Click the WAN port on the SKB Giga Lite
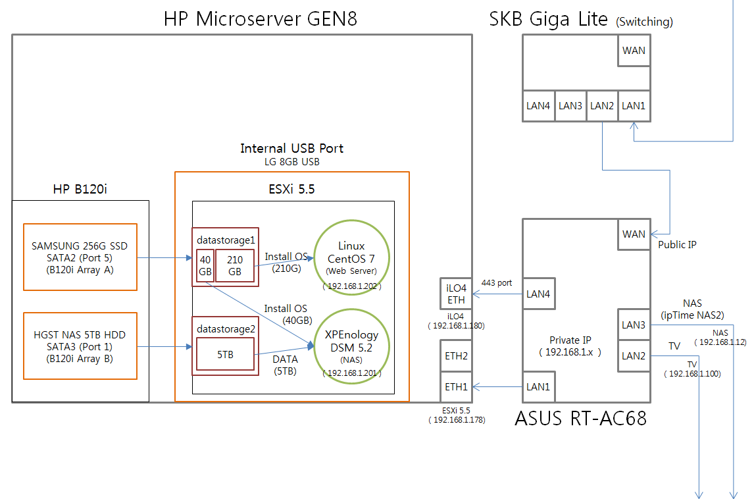[634, 51]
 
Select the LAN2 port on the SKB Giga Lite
[602, 105]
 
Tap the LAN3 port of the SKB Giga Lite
[570, 105]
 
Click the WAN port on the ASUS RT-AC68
[634, 234]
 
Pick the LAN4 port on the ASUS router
[538, 294]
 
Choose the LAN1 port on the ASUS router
[538, 387]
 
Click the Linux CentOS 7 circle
[351, 257]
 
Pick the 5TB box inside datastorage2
[226, 355]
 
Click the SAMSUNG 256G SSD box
[80, 257]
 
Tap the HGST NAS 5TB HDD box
[80, 346]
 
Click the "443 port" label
[497, 282]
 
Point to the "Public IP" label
[677, 245]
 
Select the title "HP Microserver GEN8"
[260, 18]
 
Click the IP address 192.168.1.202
[352, 287]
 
